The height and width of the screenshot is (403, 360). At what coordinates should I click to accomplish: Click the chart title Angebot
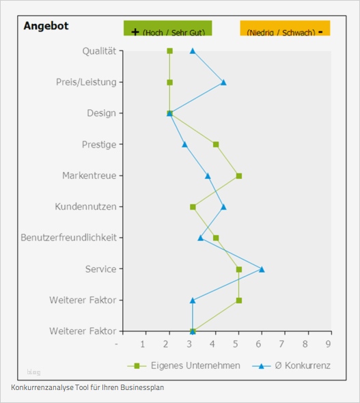click(x=46, y=26)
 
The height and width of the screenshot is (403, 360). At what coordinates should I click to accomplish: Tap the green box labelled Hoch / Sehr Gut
click(x=167, y=29)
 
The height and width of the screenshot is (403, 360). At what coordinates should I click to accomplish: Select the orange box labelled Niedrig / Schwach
click(x=285, y=29)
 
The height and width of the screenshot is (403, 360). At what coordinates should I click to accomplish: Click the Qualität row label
click(x=99, y=51)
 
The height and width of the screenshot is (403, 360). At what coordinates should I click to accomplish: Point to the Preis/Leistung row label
click(x=86, y=82)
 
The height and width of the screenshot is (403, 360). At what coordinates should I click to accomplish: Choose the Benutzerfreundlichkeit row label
click(x=68, y=238)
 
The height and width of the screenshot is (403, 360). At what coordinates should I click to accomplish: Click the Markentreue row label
click(x=89, y=176)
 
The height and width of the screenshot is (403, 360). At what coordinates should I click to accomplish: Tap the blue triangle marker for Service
click(x=262, y=269)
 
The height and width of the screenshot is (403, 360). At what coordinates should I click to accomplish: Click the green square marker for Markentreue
click(x=239, y=176)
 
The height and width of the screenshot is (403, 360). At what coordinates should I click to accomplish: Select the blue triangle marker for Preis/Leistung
click(x=223, y=82)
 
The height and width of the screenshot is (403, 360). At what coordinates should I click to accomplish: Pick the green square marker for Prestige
click(x=216, y=144)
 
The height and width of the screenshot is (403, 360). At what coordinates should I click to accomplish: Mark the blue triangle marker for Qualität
click(x=193, y=51)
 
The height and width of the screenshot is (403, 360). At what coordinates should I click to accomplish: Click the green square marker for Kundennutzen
click(x=193, y=206)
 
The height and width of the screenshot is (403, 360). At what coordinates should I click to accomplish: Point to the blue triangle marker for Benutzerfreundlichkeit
click(x=201, y=238)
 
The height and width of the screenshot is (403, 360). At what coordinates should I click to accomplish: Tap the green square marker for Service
click(x=239, y=269)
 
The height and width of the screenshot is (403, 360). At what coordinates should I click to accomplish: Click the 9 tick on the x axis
click(x=330, y=344)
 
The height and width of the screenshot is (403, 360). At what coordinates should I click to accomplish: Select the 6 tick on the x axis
click(x=260, y=344)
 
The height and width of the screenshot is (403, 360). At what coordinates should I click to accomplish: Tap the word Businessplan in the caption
click(x=141, y=387)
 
